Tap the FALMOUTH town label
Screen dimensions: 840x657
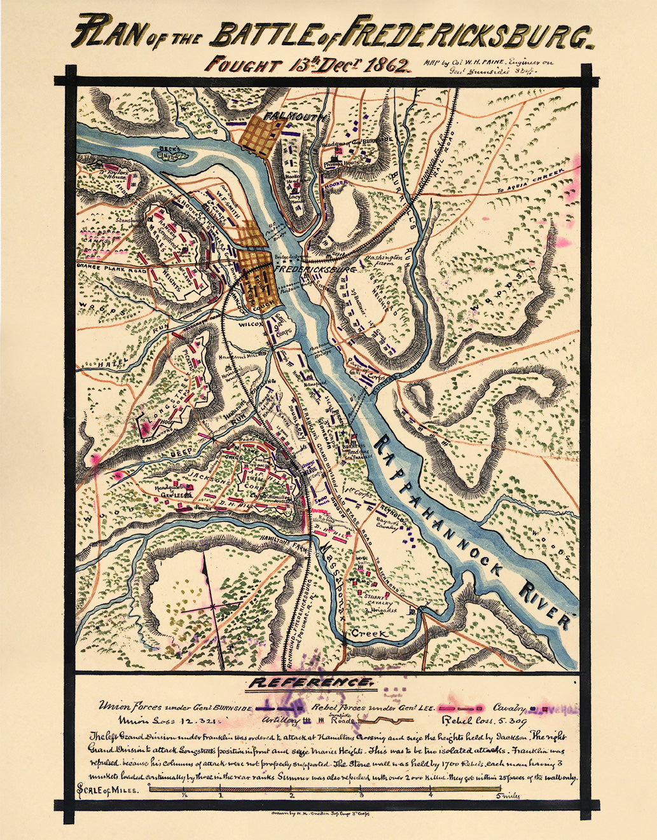coord(296,117)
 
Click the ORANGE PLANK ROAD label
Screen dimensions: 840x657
coord(109,266)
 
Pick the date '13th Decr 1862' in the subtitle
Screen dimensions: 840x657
coord(353,65)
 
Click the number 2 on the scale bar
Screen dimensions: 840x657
coord(291,795)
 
